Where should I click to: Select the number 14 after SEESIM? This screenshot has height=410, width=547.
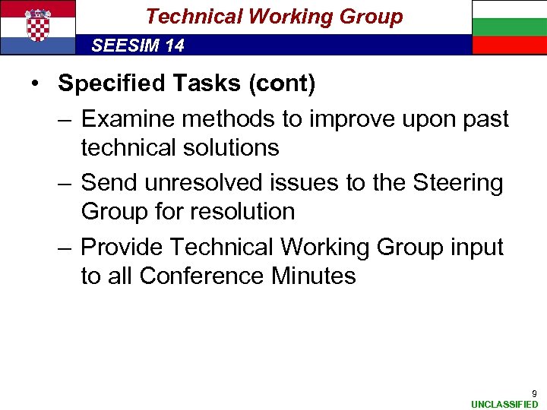[x=173, y=46]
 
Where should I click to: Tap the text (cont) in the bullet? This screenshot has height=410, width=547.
[x=283, y=84]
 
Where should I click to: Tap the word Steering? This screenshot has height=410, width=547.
[x=457, y=183]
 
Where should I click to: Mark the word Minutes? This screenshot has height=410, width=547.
[x=313, y=275]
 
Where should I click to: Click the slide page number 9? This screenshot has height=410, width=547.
[x=534, y=393]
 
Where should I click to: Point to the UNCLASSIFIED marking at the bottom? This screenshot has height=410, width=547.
[x=504, y=404]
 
